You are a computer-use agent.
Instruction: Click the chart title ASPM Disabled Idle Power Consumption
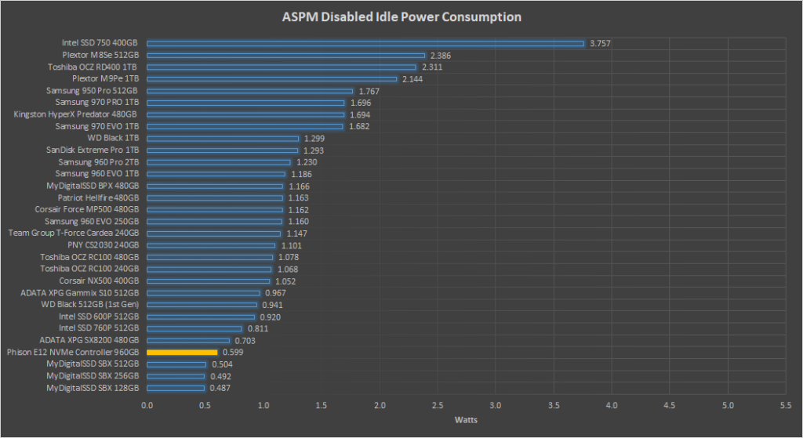tap(401, 16)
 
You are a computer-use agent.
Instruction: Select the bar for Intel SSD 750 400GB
tap(365, 43)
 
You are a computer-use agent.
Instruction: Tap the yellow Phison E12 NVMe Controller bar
tap(182, 353)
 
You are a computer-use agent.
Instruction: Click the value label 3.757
tap(600, 43)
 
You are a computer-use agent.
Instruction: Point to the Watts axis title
tap(467, 420)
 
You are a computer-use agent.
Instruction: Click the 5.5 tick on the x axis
tap(786, 405)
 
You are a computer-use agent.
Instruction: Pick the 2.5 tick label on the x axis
tap(438, 405)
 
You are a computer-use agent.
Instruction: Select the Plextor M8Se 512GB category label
tap(100, 56)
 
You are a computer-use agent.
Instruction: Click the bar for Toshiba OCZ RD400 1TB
tap(282, 67)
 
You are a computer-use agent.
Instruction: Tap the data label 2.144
tap(412, 79)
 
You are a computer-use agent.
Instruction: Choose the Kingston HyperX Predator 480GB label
tap(76, 114)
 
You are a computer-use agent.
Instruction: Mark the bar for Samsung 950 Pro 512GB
tap(250, 91)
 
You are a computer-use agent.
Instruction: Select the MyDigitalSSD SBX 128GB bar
tap(176, 388)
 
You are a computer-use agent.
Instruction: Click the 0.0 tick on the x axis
tap(147, 405)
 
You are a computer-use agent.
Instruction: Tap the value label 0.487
tap(220, 388)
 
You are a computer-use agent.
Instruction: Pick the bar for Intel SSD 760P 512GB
tap(194, 328)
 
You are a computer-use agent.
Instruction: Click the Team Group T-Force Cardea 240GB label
tap(74, 233)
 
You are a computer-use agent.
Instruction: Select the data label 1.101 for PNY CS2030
tap(292, 245)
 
